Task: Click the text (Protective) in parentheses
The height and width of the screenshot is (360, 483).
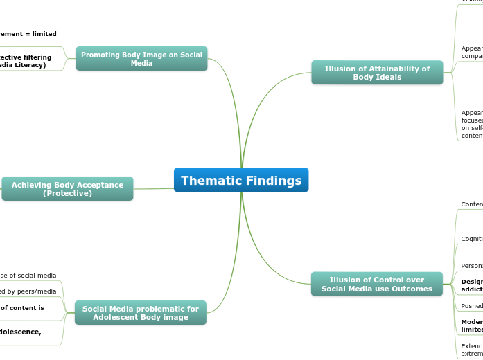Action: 67,193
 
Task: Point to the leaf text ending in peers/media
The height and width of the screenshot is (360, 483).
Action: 32,291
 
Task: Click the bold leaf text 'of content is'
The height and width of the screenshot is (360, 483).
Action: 22,307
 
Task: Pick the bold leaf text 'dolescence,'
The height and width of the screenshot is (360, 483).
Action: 21,331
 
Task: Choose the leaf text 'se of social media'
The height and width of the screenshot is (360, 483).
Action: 28,275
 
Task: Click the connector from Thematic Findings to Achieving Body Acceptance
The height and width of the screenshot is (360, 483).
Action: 153,188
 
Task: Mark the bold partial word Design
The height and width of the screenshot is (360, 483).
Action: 472,281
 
